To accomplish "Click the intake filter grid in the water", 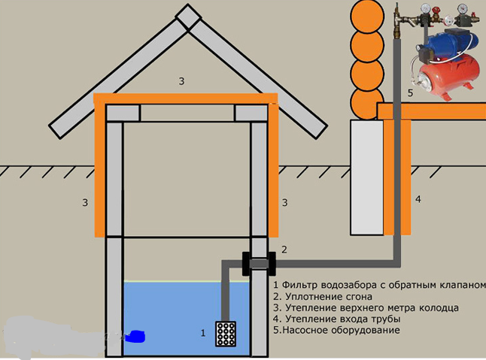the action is click(x=226, y=334).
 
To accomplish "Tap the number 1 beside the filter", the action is click(x=203, y=333).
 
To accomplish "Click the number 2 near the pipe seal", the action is click(x=284, y=250).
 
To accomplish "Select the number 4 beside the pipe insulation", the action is click(x=418, y=199).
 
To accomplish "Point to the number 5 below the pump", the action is click(x=410, y=93).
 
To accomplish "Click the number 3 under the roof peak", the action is click(x=181, y=81).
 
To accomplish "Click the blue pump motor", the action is click(x=446, y=42).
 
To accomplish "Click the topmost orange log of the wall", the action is click(x=367, y=17).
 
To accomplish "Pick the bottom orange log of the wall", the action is click(x=366, y=104).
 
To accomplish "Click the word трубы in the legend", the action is click(x=387, y=319).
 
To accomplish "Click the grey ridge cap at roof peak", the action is click(x=188, y=17).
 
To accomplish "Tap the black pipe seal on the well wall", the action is click(x=259, y=264).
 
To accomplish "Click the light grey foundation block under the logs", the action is click(x=367, y=177).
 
